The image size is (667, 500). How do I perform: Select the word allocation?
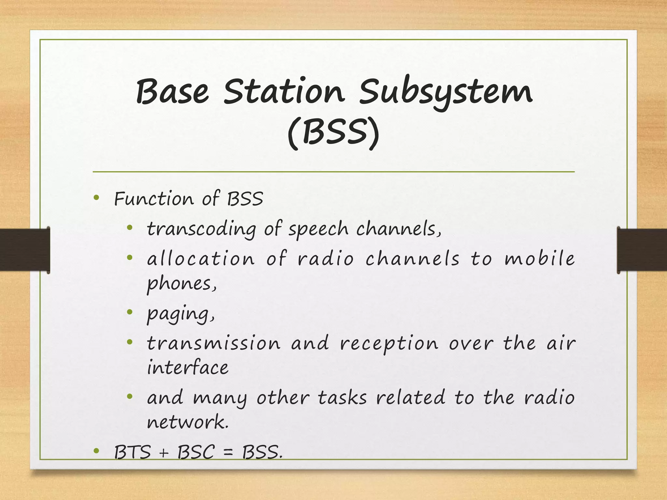(201, 259)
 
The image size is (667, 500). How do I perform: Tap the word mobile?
(540, 259)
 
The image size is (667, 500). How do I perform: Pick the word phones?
(181, 284)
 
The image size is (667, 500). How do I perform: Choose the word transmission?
(213, 343)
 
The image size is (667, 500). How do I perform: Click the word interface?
(188, 368)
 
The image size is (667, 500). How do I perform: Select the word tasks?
(342, 398)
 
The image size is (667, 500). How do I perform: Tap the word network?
(188, 423)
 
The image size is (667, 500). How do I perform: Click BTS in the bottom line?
(133, 452)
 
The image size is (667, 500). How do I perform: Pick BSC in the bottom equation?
(196, 452)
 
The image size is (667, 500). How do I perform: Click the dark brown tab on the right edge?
(642, 250)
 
